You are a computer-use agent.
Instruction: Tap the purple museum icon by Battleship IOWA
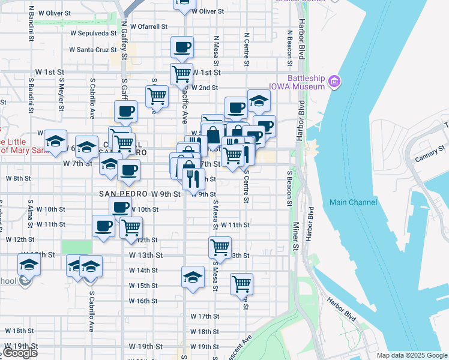[x=335, y=80]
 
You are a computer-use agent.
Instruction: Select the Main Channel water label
[x=354, y=202]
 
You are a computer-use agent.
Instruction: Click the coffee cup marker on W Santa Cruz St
[x=182, y=47]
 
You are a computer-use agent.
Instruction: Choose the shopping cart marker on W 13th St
[x=220, y=247]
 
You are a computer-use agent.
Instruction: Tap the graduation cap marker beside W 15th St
[x=192, y=277]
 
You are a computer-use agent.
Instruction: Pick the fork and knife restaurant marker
[x=193, y=178]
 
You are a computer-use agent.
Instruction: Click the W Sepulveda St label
[x=93, y=34]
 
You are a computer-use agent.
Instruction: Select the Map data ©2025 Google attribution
[x=412, y=355]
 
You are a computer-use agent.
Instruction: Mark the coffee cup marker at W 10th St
[x=120, y=208]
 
